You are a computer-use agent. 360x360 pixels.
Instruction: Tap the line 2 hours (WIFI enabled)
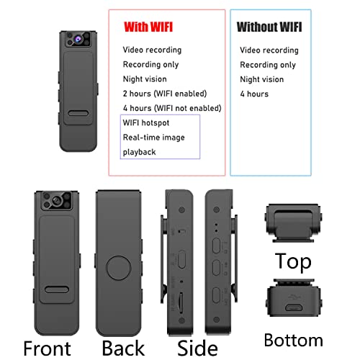pyautogui.click(x=164, y=94)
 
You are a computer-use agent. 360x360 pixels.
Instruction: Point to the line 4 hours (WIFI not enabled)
pyautogui.click(x=171, y=108)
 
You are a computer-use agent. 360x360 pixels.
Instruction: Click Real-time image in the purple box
pyautogui.click(x=153, y=138)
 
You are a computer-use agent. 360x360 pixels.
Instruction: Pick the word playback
pyautogui.click(x=139, y=152)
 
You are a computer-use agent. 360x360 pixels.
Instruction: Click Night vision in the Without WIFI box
pyautogui.click(x=261, y=79)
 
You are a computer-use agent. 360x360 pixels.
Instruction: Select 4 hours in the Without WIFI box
pyautogui.click(x=253, y=94)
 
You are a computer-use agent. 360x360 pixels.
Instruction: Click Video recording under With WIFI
pyautogui.click(x=152, y=50)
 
